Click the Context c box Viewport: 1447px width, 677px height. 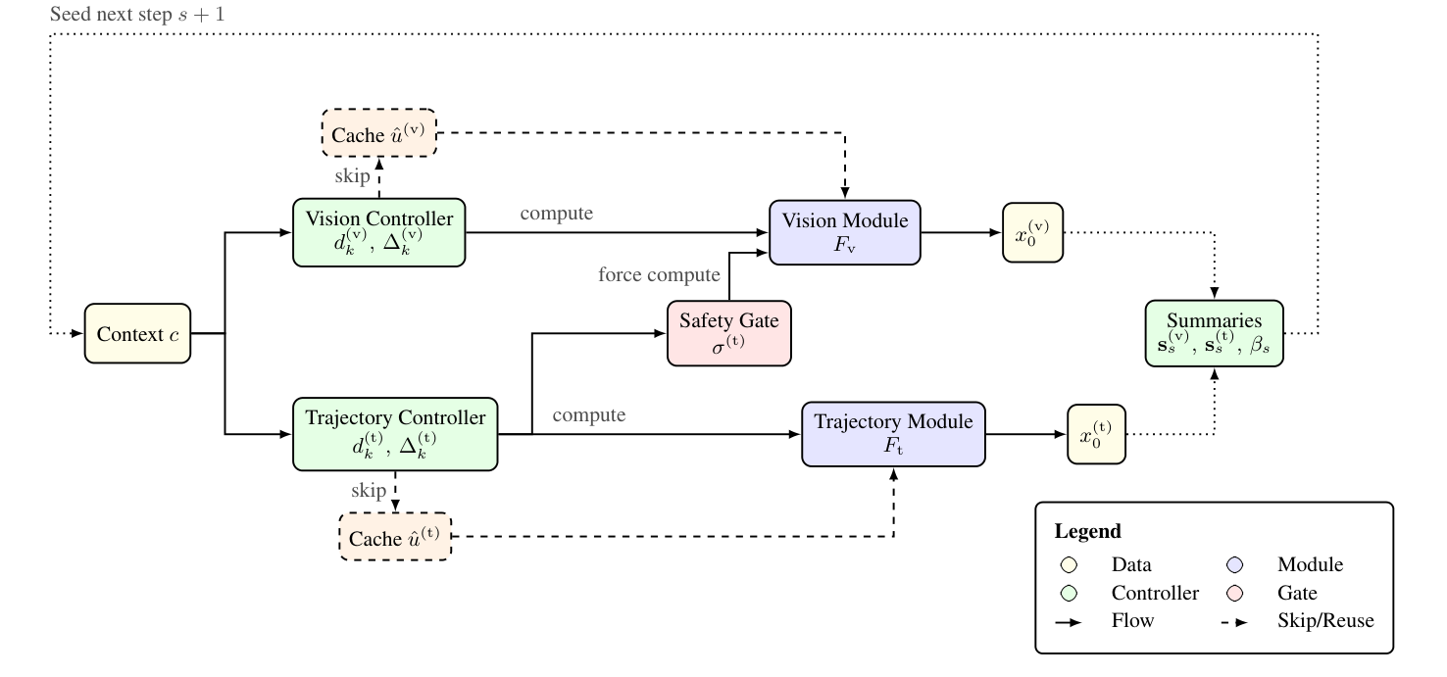point(136,334)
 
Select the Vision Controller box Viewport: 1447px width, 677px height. point(379,232)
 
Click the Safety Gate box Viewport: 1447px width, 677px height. point(728,333)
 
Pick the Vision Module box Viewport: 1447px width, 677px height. point(844,232)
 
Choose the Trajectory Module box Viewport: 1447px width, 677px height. point(892,433)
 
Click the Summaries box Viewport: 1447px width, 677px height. point(1214,334)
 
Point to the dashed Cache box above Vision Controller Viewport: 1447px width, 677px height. point(378,133)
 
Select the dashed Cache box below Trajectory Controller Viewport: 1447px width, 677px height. point(395,536)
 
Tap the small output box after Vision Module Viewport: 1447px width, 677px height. point(1032,232)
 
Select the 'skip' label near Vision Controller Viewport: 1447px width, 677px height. point(353,175)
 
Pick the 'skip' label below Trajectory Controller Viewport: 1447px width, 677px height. point(369,490)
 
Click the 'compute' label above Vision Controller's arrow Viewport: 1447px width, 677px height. point(557,212)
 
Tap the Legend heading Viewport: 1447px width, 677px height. point(1087,532)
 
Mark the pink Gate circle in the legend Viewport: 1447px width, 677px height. point(1235,593)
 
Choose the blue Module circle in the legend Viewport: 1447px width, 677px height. point(1235,564)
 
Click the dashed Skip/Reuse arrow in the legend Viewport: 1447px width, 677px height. point(1234,621)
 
